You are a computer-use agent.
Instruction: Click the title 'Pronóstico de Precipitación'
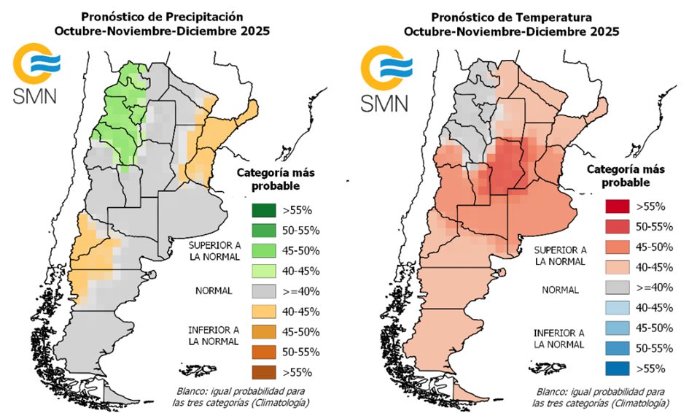(162, 16)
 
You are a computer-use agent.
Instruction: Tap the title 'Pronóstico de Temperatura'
(511, 16)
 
